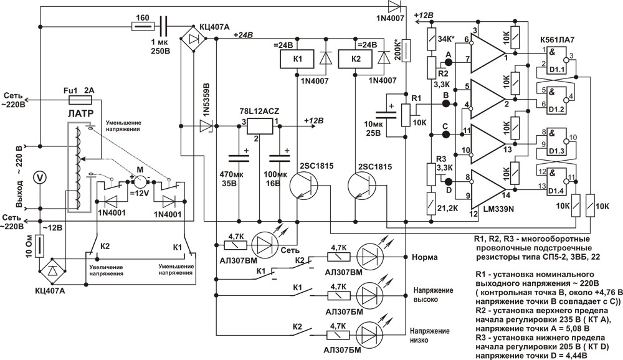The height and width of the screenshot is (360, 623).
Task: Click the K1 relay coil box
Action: tap(298, 59)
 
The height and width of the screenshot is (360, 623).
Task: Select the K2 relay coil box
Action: tap(355, 59)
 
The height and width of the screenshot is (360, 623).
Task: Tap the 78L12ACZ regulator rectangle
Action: tap(260, 126)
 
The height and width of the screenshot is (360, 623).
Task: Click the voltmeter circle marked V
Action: tap(39, 178)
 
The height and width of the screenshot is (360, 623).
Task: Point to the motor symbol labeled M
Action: tap(140, 182)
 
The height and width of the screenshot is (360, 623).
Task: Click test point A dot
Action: tap(449, 62)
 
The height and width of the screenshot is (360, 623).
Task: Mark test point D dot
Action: tap(449, 182)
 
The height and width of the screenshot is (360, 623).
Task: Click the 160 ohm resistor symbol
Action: tap(143, 27)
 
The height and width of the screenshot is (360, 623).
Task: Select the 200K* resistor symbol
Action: tap(406, 50)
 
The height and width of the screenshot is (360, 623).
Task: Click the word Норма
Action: tap(425, 257)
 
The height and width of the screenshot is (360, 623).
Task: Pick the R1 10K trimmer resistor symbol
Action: tap(406, 115)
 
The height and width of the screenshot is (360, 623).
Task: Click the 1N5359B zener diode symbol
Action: tap(206, 126)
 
